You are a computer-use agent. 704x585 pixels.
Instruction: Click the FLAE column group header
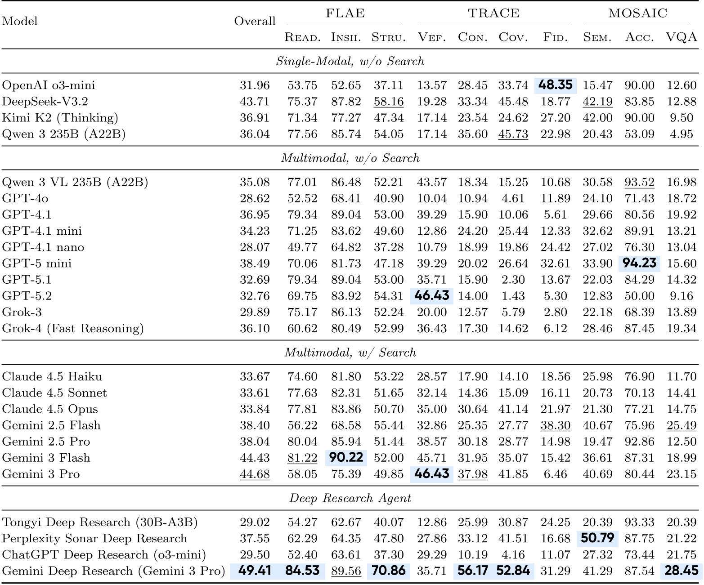tap(345, 13)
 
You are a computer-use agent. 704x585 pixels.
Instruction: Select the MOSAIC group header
tap(637, 13)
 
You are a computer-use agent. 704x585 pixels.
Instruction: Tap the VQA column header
tap(681, 37)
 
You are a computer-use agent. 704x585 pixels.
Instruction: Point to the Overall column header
tap(255, 21)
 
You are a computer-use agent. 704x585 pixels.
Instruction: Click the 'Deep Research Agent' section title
tap(350, 498)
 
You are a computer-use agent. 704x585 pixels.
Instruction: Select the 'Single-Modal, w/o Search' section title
tap(350, 61)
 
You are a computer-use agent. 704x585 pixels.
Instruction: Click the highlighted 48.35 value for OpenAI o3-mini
tap(555, 85)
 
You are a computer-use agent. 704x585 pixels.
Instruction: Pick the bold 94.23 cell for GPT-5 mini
tap(639, 263)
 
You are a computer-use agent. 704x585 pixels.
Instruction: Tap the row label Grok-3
tap(22, 312)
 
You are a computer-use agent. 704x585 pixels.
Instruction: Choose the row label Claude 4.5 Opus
tap(50, 409)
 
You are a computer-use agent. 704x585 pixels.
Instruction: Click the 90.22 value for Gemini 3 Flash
tap(345, 458)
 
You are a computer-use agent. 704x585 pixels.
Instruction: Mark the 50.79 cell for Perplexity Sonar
tap(597, 538)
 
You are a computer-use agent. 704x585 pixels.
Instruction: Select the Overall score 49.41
tap(255, 571)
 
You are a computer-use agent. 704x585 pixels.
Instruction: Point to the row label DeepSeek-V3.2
tap(45, 102)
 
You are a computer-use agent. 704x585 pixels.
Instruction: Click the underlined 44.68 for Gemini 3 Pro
tap(255, 474)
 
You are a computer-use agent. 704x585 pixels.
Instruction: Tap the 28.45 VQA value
tap(681, 571)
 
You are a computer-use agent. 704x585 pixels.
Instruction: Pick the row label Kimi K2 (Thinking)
tap(60, 118)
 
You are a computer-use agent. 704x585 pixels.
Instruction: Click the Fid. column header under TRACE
tap(555, 37)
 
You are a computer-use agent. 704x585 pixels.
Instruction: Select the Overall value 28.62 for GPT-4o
tap(255, 198)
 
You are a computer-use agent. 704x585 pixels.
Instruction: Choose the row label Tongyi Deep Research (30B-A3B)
tap(100, 522)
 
